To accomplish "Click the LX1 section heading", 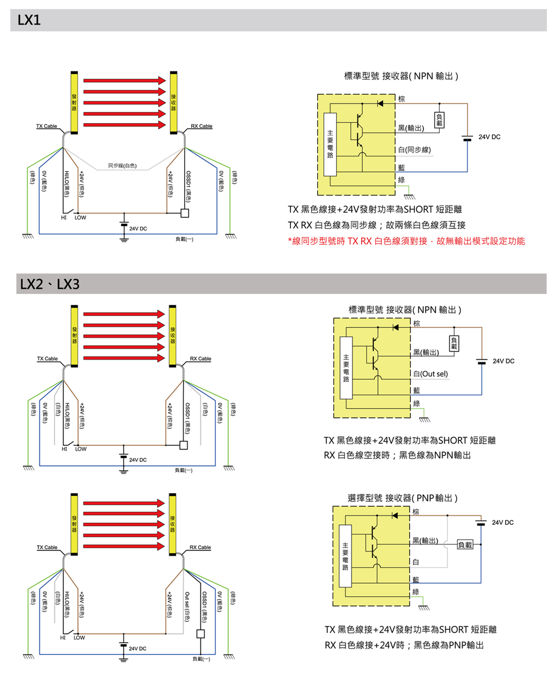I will click(x=29, y=20).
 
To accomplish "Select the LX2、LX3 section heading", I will click(x=50, y=284).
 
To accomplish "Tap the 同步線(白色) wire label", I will click(x=122, y=165).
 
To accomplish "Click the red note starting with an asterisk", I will click(x=406, y=241).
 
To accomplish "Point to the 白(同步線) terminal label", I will click(x=414, y=150).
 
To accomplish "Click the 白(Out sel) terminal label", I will click(x=430, y=374).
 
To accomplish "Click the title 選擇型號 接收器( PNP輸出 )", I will click(x=402, y=498).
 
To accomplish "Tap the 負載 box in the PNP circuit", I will click(x=465, y=544).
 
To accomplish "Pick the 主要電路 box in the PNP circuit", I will click(x=345, y=556).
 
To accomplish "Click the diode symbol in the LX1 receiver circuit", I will click(x=380, y=103).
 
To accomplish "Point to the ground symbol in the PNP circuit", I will click(x=423, y=607).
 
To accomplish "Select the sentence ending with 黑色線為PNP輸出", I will click(x=404, y=645).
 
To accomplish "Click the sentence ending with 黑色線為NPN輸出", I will click(x=397, y=455).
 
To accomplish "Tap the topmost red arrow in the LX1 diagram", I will click(x=124, y=81).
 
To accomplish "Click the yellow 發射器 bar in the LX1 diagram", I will click(x=74, y=102).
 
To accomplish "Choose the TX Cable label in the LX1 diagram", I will click(x=46, y=126).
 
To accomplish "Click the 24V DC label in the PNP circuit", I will click(x=502, y=522).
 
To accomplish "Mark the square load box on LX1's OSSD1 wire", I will click(x=185, y=213).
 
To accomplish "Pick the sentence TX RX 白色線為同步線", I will click(x=377, y=225).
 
